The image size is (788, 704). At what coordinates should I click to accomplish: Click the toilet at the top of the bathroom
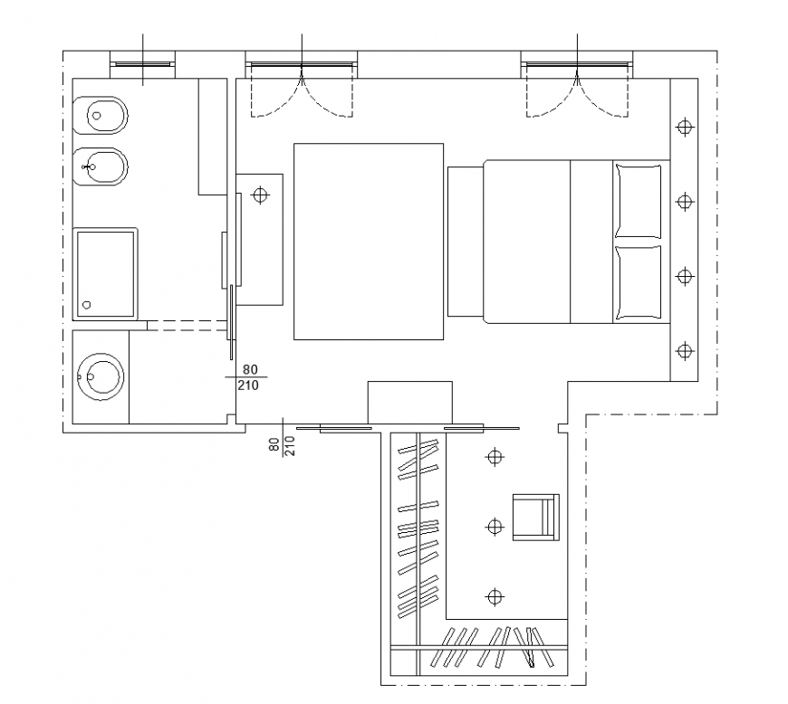tap(106, 115)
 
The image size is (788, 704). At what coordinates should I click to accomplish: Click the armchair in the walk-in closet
tap(535, 517)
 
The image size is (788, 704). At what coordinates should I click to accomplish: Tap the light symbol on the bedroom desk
tap(261, 195)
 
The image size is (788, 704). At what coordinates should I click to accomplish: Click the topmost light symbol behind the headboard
tap(684, 128)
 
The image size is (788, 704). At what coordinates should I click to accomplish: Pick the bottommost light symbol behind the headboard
tap(684, 349)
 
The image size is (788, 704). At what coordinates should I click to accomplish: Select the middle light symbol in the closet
tap(494, 526)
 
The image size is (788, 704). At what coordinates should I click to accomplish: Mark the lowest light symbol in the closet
tap(494, 595)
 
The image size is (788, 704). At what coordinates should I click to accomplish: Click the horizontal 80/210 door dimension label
tap(249, 377)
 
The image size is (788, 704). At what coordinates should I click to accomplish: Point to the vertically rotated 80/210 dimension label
tap(282, 445)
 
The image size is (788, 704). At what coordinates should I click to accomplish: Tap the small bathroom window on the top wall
tap(142, 64)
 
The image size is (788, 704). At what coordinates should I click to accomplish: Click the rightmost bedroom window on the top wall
tap(576, 65)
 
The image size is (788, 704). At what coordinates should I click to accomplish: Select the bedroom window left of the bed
tap(301, 65)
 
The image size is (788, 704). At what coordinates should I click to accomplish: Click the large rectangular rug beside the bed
tap(368, 241)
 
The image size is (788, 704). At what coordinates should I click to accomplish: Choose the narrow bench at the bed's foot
tap(464, 241)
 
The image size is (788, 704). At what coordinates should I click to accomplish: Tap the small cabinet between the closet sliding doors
tap(408, 403)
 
